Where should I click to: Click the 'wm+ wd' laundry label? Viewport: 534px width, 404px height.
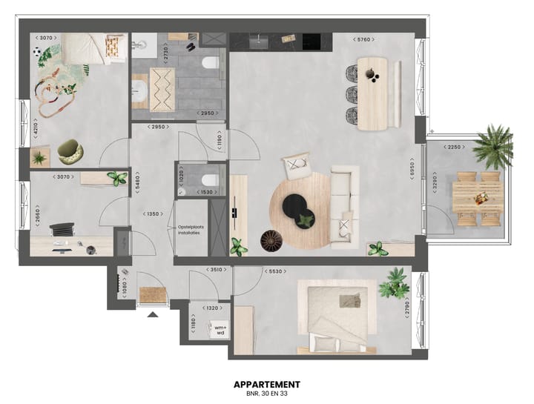[x=220, y=329]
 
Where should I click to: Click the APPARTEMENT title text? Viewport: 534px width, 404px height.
[x=266, y=384]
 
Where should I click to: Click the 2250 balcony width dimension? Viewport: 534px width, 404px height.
[x=454, y=147]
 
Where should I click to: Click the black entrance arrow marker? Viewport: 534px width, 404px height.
[x=152, y=314]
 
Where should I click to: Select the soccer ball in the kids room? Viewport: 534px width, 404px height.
[x=37, y=53]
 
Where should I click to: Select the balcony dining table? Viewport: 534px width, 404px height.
[x=478, y=198]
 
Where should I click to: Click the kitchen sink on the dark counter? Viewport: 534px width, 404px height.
[x=259, y=41]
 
